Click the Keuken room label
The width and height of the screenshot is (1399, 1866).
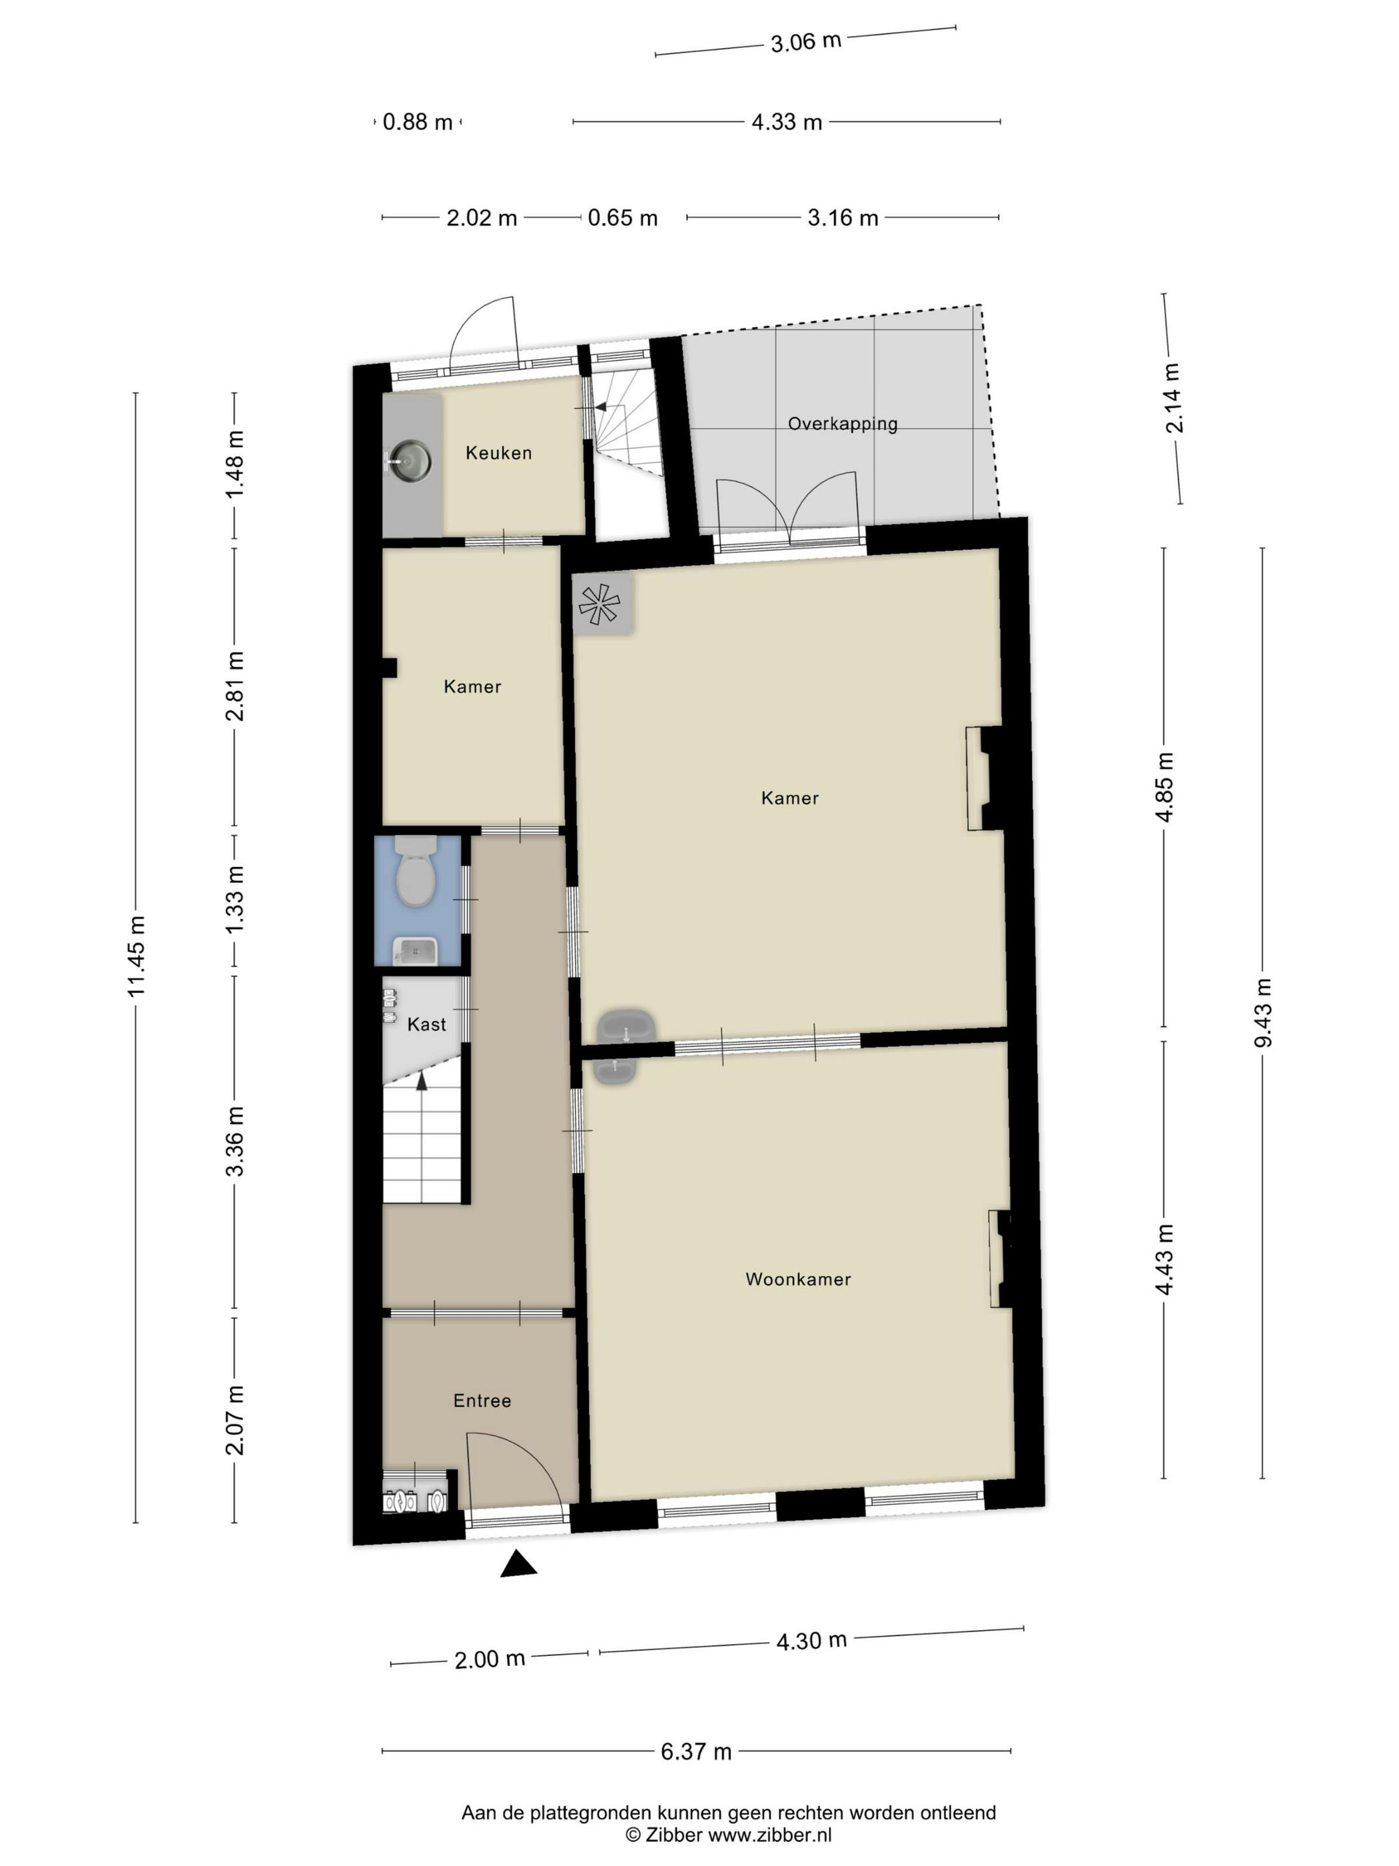(x=498, y=453)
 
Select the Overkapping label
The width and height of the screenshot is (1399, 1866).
(x=843, y=423)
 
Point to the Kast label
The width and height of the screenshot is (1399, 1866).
(x=426, y=1024)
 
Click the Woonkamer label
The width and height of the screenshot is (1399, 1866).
(x=797, y=1279)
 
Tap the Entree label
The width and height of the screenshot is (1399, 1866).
(x=482, y=1400)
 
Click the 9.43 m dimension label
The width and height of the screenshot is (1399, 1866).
(x=1262, y=1012)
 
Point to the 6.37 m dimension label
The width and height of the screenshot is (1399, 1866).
(x=696, y=1751)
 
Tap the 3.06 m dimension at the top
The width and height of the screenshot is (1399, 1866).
(x=805, y=41)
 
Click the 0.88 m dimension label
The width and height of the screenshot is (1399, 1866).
(x=418, y=123)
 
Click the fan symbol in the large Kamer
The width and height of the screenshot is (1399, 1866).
(x=600, y=604)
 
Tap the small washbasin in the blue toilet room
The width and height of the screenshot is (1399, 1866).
(x=416, y=951)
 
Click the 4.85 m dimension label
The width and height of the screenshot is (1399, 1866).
(x=1165, y=786)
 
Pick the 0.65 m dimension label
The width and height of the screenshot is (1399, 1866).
(x=622, y=218)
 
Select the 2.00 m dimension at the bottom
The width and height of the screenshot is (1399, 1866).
(x=489, y=1659)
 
